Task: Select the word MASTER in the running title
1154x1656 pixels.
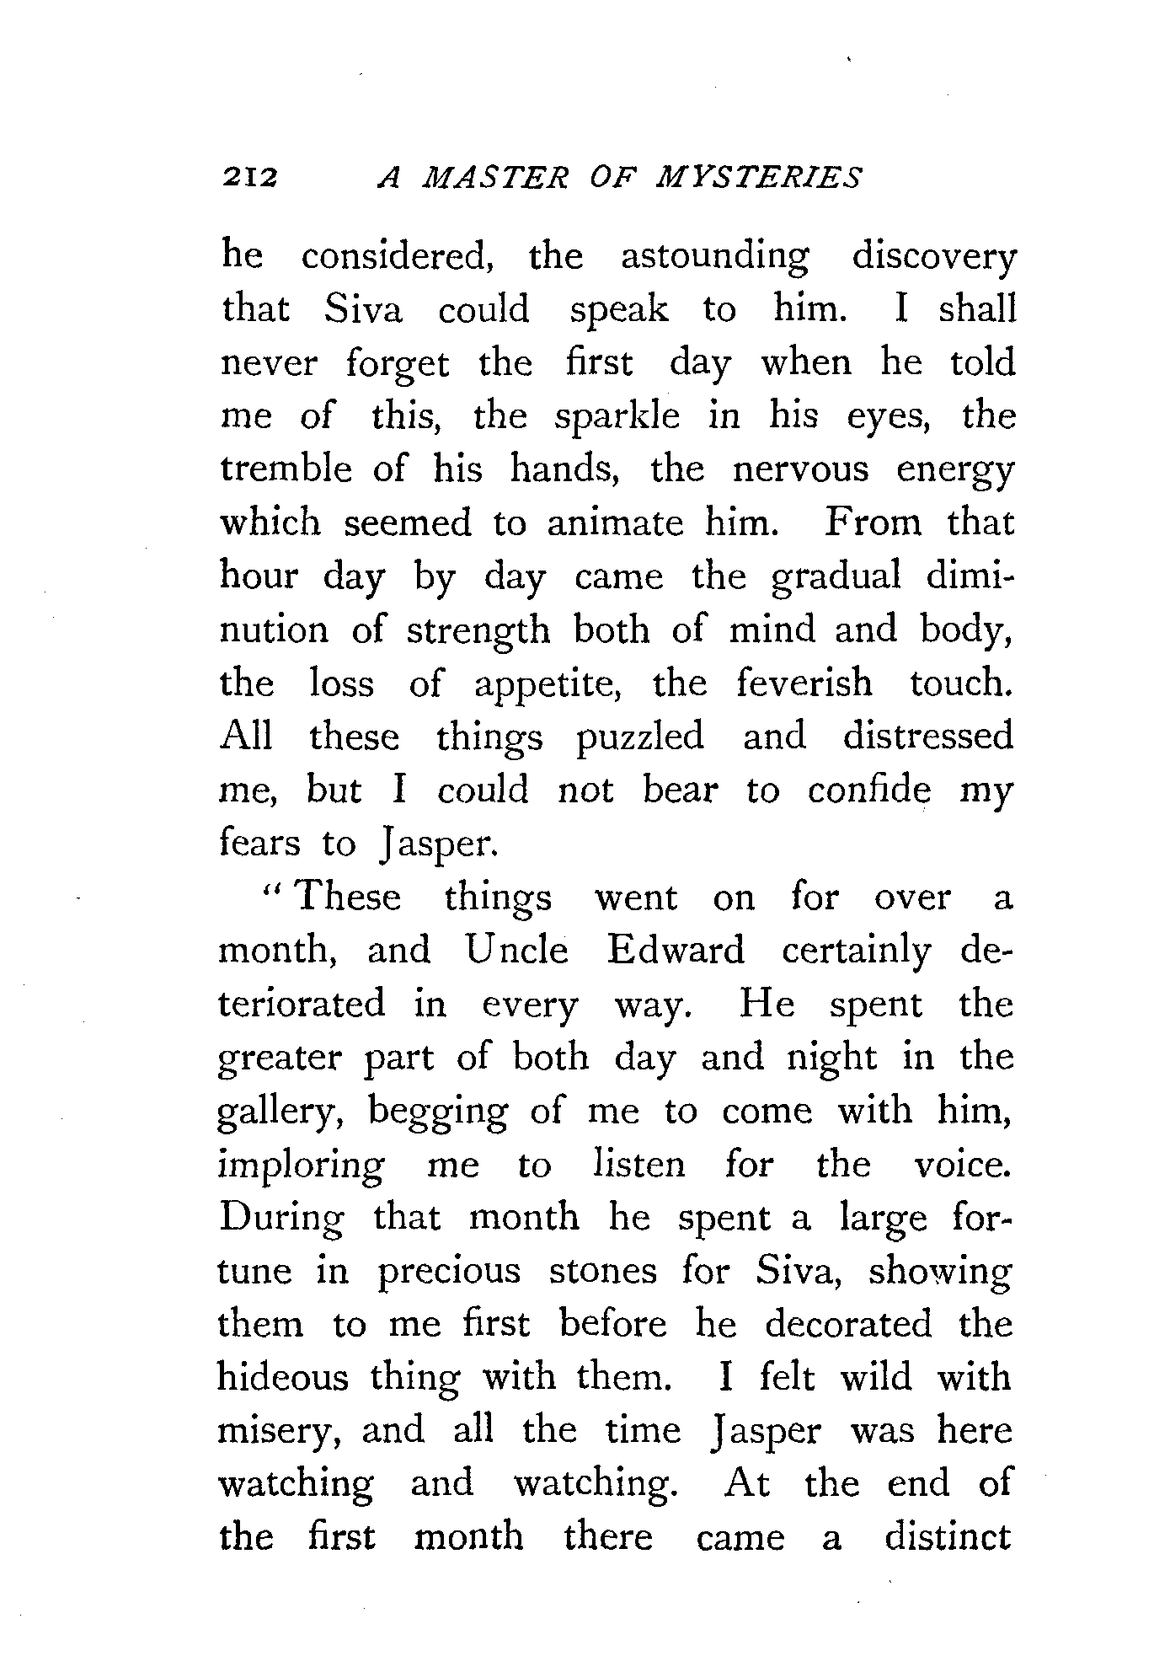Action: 501,178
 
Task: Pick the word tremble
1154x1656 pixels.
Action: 286,469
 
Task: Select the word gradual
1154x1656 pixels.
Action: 836,578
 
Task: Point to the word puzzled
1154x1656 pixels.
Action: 639,738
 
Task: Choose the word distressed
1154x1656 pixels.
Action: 928,737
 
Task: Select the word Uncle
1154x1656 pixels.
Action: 516,951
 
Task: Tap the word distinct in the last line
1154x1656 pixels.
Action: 948,1537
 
